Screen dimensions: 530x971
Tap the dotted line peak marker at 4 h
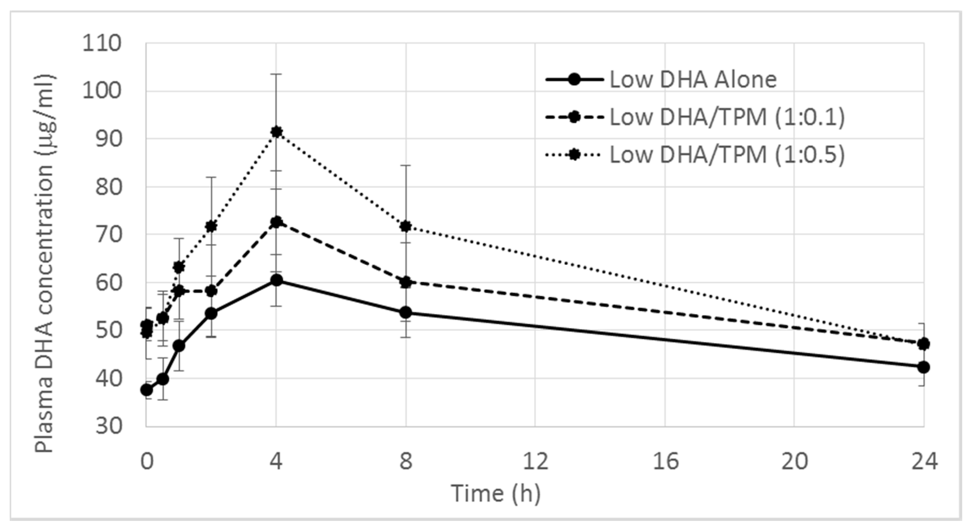[x=276, y=132]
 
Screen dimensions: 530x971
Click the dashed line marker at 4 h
[x=276, y=222]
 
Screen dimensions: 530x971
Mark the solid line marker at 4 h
[x=276, y=280]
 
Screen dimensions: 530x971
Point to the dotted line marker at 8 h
[x=406, y=226]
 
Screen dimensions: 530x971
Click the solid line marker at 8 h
[x=406, y=312]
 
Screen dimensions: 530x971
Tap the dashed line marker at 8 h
[x=406, y=282]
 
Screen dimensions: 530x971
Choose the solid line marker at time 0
[x=147, y=390]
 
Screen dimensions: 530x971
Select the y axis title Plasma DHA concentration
[x=45, y=264]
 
